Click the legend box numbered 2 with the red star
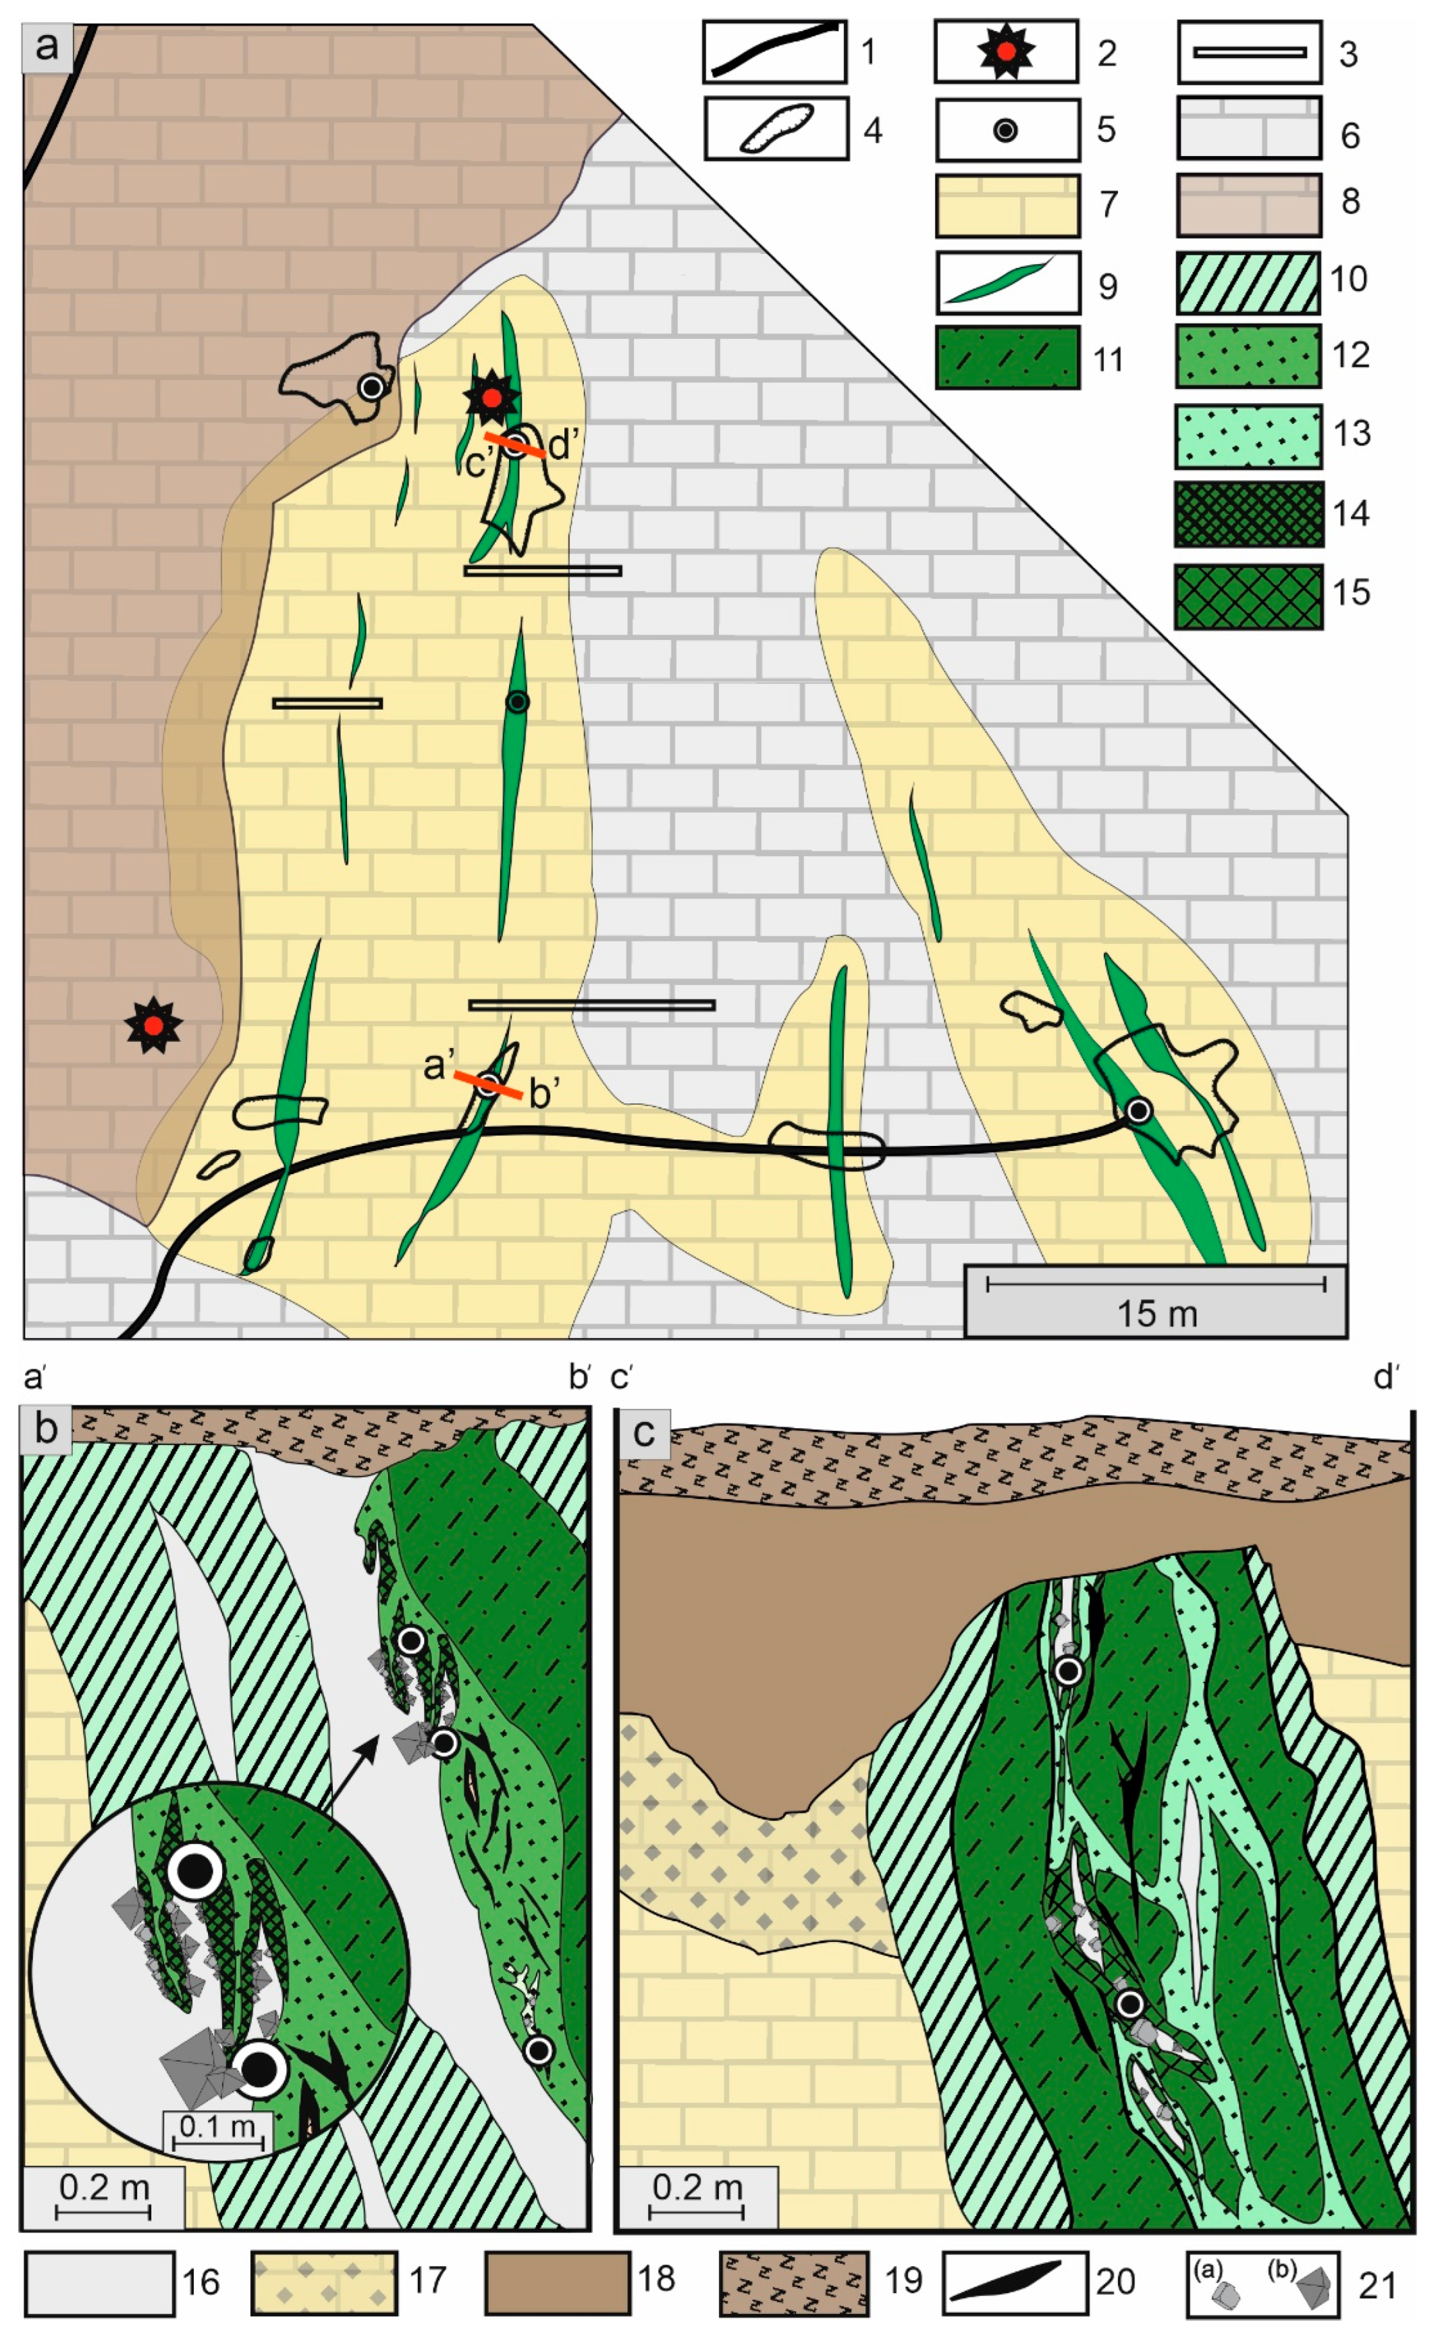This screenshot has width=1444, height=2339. click(1007, 53)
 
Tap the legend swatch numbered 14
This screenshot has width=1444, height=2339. click(1248, 513)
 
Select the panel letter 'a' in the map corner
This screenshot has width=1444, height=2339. click(47, 47)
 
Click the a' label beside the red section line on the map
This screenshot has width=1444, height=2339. click(437, 1065)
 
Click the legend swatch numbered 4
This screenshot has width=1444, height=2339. click(776, 129)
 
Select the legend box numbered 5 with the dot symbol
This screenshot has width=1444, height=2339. click(1007, 130)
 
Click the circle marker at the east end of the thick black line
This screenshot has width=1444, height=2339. click(1138, 1111)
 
